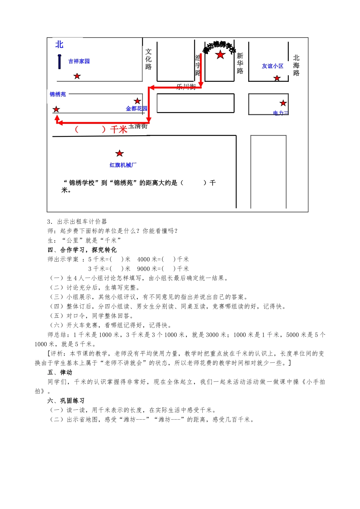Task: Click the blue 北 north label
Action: [x=59, y=45]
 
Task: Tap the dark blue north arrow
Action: [x=59, y=61]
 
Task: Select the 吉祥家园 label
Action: [x=79, y=61]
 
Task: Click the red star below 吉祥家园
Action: [x=77, y=76]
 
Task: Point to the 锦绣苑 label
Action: [x=58, y=94]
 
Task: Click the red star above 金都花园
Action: [x=137, y=101]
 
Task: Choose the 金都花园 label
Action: [x=136, y=109]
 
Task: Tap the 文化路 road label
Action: [x=149, y=59]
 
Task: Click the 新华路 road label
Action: [x=240, y=63]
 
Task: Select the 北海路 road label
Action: [x=296, y=65]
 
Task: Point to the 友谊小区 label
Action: [x=272, y=66]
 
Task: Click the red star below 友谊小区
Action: [x=277, y=78]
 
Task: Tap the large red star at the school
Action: [x=220, y=55]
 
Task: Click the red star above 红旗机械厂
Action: [x=119, y=153]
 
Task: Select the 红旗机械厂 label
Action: [x=123, y=165]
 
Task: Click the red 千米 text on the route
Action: [x=119, y=130]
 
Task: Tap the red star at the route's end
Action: [x=56, y=109]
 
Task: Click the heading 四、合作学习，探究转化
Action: [x=82, y=250]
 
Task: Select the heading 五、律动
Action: [x=60, y=372]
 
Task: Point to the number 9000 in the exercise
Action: [x=144, y=269]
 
